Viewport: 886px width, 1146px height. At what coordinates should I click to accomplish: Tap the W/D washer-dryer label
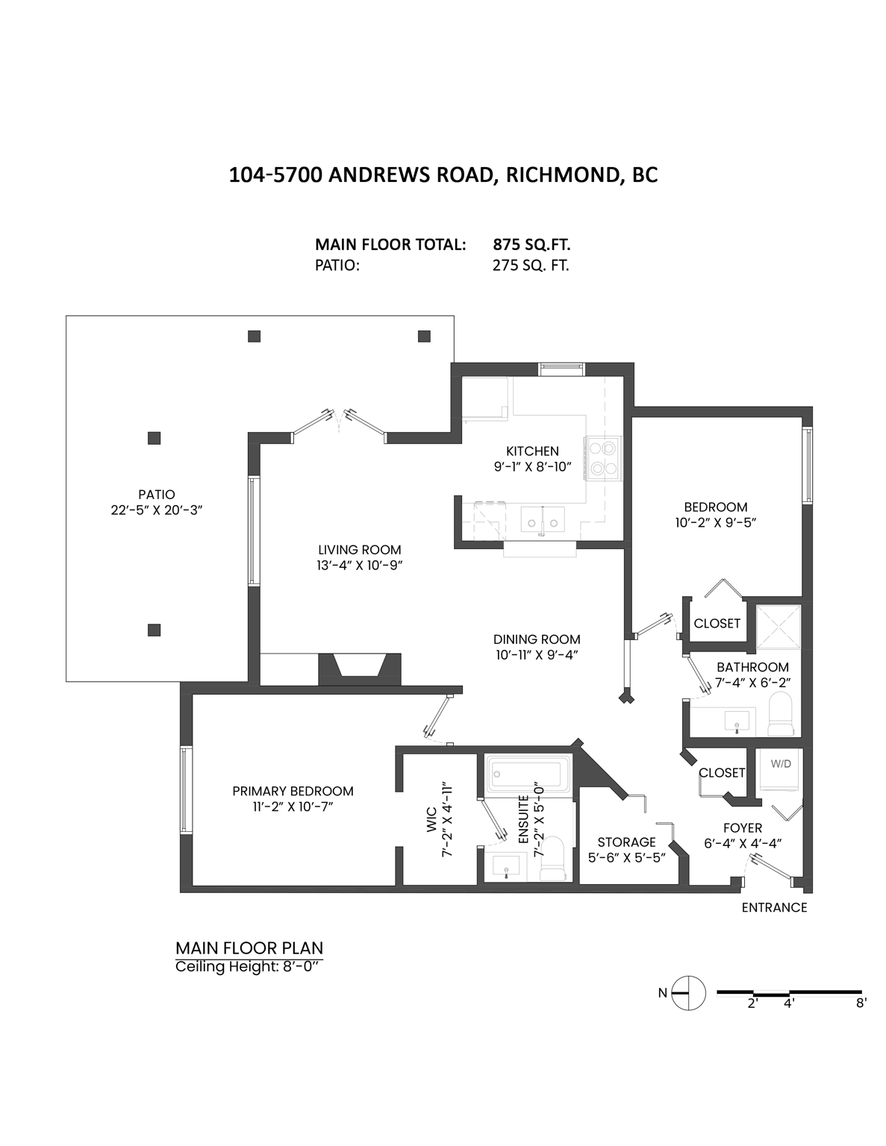click(780, 764)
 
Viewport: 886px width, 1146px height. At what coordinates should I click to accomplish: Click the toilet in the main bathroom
click(781, 714)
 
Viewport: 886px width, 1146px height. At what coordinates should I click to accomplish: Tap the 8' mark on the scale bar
click(861, 1003)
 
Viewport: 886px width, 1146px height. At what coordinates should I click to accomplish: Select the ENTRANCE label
click(774, 907)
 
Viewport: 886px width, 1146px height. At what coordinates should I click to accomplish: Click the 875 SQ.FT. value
click(531, 245)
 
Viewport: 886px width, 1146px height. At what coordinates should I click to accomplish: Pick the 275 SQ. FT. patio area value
click(531, 266)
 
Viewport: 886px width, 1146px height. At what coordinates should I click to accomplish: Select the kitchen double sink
click(543, 517)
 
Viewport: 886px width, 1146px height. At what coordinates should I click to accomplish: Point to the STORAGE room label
click(626, 842)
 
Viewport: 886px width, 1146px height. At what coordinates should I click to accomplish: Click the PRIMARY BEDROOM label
click(293, 791)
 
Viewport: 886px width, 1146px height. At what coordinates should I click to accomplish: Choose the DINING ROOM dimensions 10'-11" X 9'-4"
click(537, 654)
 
